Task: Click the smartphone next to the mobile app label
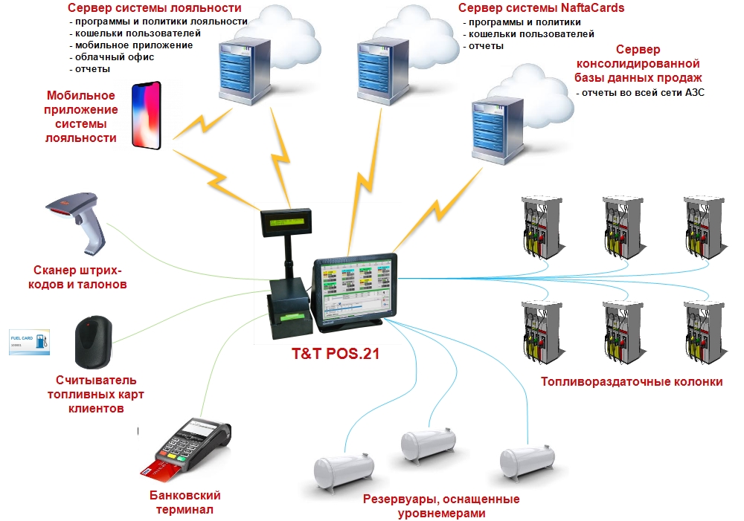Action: coord(147,117)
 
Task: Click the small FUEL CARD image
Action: coord(29,341)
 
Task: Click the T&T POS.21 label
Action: coord(336,354)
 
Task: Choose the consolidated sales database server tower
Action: coord(495,128)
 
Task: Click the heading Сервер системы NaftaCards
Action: coord(541,8)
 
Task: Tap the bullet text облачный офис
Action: coord(111,57)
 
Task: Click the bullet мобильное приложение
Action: coord(130,45)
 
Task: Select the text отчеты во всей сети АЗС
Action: coord(640,93)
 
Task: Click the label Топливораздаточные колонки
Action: coord(632,382)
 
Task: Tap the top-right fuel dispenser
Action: coord(702,226)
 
